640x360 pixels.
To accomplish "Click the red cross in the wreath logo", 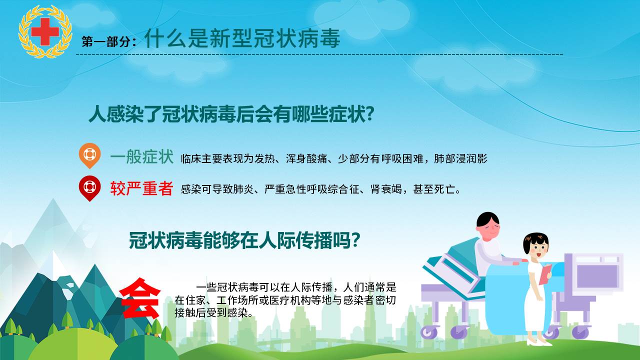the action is tap(45, 31).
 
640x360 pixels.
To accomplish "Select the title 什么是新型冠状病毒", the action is tap(242, 38).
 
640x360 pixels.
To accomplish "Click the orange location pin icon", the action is tap(89, 155).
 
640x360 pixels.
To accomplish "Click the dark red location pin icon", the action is tap(89, 188).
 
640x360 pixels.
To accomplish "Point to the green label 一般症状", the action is tap(141, 157).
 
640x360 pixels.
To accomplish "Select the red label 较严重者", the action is tap(141, 188).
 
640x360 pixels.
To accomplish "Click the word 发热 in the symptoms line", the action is tap(264, 159).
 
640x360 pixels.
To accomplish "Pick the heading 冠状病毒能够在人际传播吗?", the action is tap(244, 240).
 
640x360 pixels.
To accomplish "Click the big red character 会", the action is tap(140, 298).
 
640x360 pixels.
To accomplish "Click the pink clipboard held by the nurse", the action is tap(545, 274).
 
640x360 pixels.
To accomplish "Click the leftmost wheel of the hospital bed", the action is tap(429, 332).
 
